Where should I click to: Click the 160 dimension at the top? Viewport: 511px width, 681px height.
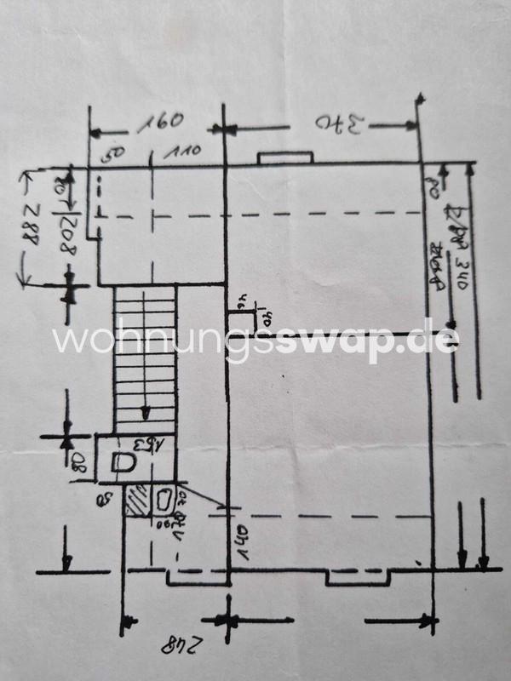click(160, 120)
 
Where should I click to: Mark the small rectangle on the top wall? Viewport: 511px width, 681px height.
click(285, 158)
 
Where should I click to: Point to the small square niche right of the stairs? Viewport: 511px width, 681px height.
click(243, 323)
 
